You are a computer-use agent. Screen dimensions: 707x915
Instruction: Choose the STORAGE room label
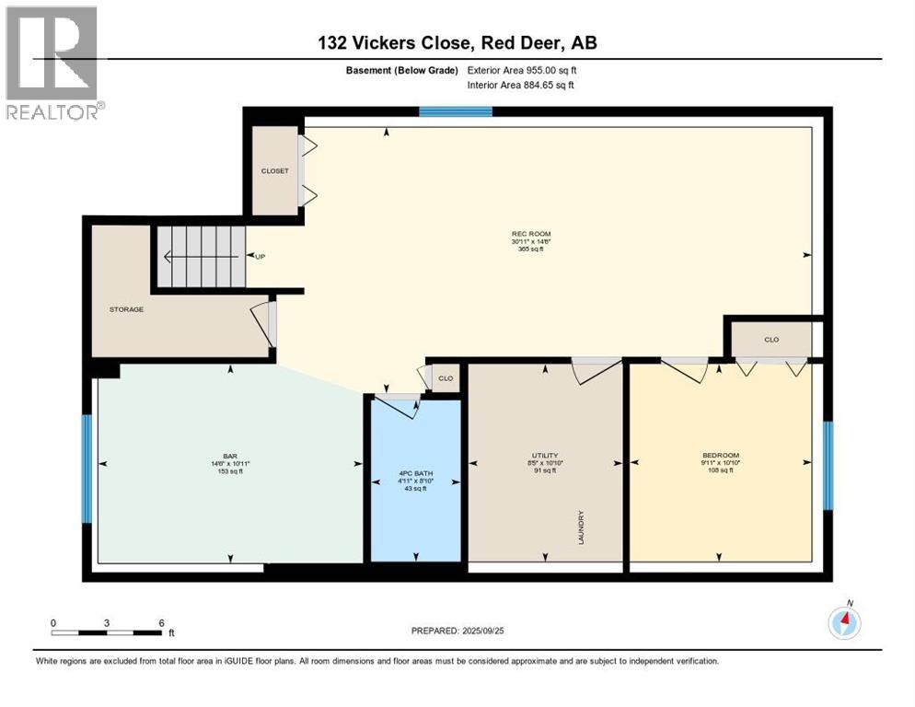pos(126,309)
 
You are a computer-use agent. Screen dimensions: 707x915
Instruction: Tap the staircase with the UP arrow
pos(199,257)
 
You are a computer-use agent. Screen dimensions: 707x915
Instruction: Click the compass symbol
pos(844,622)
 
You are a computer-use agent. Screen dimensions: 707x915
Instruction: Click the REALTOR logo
pos(52,62)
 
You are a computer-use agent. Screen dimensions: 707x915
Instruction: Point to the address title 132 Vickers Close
pos(457,42)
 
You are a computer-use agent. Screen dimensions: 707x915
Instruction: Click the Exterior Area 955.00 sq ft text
pos(522,70)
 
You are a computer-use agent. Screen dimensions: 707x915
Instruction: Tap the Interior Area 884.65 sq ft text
pos(521,86)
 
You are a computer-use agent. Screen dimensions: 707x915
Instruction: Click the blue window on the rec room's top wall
pos(456,112)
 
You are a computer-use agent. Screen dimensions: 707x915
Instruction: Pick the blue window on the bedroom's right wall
pos(828,466)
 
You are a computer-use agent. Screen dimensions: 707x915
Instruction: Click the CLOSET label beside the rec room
pos(274,171)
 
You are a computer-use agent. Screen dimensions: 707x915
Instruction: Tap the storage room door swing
pos(264,322)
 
